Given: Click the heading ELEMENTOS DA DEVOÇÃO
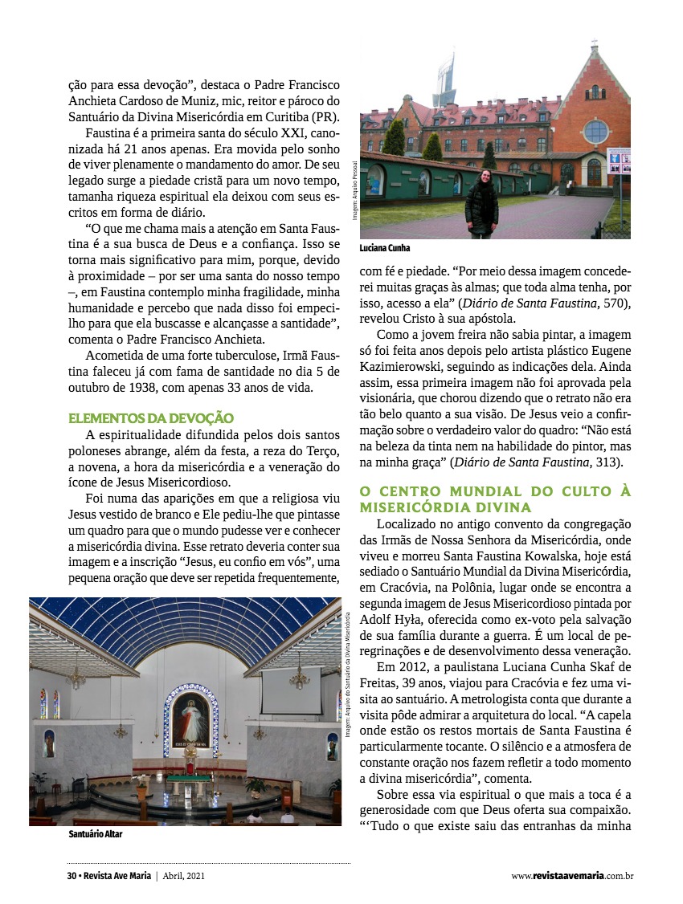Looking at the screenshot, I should pyautogui.click(x=151, y=418).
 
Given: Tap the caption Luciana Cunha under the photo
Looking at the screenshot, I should pyautogui.click(x=384, y=249).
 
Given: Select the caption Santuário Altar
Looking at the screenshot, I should pyautogui.click(x=96, y=835).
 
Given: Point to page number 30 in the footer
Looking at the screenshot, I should pyautogui.click(x=71, y=876).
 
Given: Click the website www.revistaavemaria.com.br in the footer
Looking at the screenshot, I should pyautogui.click(x=572, y=876).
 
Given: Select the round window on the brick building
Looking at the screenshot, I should pyautogui.click(x=595, y=131).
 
